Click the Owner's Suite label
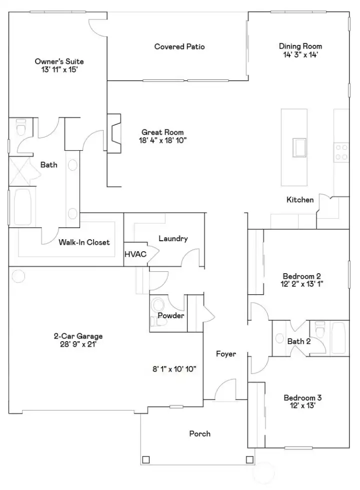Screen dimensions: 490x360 pos(59,61)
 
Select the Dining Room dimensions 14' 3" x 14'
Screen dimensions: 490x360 pos(300,55)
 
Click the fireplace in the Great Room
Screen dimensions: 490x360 pos(114,133)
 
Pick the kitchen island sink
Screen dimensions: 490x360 pos(300,148)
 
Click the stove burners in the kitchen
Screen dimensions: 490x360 pos(341,152)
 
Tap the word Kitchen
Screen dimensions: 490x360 pos(300,200)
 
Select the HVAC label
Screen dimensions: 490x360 pos(135,254)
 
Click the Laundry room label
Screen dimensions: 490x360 pos(173,239)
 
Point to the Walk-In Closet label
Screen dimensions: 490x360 pos(84,243)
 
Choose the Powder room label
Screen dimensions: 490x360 pos(171,316)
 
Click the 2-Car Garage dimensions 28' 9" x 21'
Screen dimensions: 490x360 pos(78,345)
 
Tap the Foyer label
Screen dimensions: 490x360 pos(225,354)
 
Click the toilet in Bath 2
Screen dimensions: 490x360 pos(319,330)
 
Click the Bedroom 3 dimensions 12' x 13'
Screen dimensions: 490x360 pos(302,406)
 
